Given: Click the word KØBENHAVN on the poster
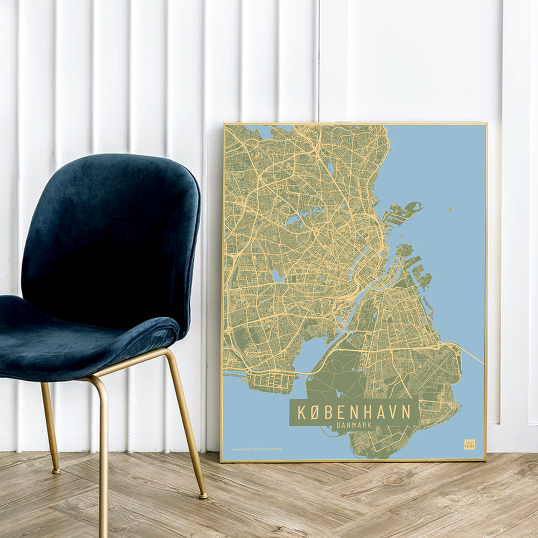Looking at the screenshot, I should pos(354,412).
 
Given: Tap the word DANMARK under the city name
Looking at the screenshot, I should pos(354,425).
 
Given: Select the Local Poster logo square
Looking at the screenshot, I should pos(470,444).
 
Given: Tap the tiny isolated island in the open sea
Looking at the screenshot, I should pos(449,209).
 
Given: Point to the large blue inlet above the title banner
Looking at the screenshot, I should pos(317,355).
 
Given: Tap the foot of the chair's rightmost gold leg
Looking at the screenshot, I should pos(203,495).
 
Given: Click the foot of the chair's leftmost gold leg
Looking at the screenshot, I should pos(55,471).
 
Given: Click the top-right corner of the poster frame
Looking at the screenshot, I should pos(486,124).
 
